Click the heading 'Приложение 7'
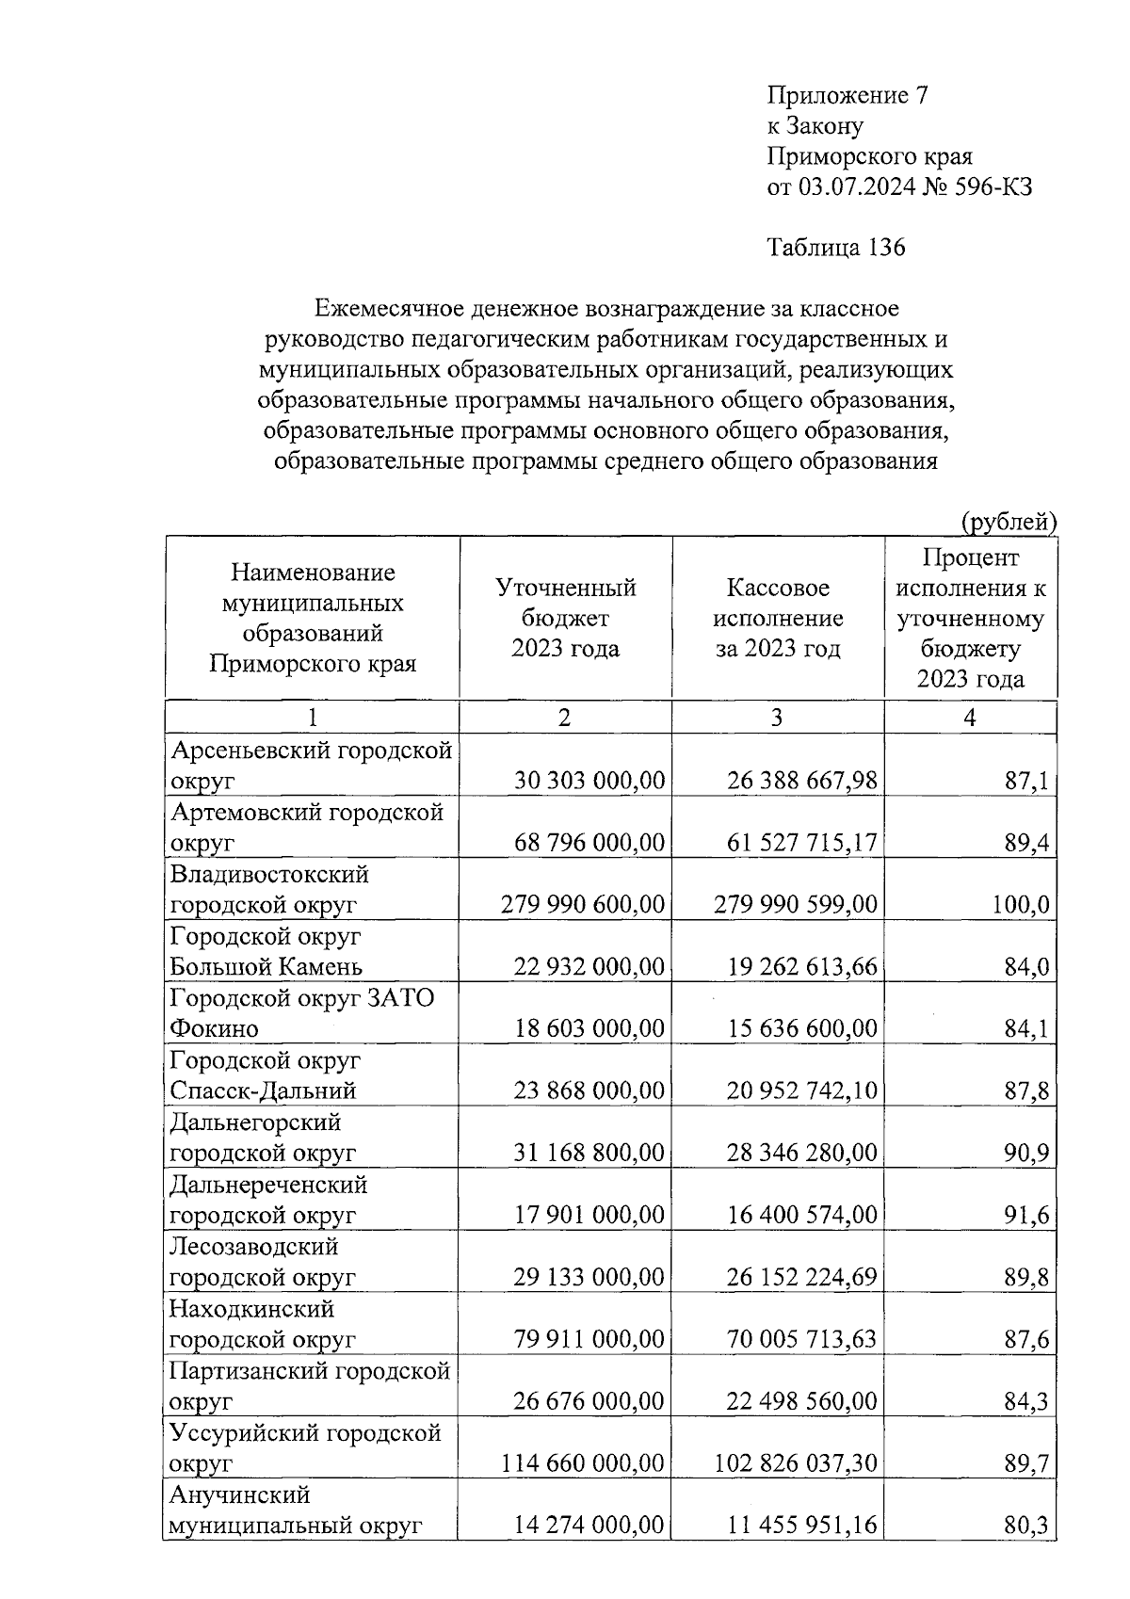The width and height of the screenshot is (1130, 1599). coord(848,95)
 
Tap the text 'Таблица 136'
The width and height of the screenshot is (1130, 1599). coord(836,248)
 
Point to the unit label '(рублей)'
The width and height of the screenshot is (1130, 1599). coord(1008,521)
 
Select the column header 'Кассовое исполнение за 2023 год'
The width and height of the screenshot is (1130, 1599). coord(778,618)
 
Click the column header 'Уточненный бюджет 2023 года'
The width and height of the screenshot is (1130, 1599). coord(565,618)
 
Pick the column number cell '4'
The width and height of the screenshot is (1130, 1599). coord(970,718)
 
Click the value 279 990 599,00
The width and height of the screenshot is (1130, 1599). coord(796,905)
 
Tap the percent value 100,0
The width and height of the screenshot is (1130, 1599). coord(1020,905)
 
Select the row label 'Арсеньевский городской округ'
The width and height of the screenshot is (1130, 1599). coord(311,765)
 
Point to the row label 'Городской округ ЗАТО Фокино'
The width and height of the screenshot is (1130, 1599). coord(301,1012)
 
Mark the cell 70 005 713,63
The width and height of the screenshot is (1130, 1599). coord(801,1339)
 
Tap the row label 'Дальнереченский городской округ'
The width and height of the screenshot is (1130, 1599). coord(268,1199)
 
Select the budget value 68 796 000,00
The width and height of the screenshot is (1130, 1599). coord(589,843)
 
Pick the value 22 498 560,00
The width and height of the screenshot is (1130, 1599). coord(801,1401)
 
